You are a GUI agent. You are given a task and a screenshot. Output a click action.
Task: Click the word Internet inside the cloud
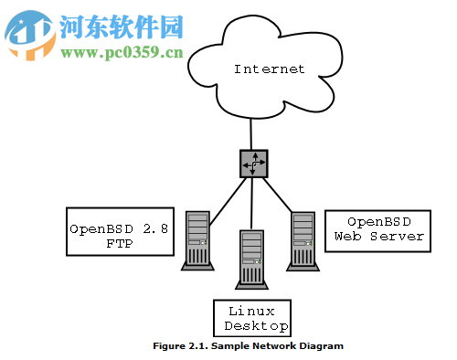(269, 69)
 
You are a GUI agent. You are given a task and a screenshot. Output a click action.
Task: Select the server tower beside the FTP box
(197, 240)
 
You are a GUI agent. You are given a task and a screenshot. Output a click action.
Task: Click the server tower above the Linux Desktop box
(251, 259)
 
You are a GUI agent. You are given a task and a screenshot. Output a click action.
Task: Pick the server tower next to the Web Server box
(303, 239)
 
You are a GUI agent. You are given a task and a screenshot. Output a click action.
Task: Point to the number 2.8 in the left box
(153, 228)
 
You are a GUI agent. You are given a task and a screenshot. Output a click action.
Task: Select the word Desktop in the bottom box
(256, 326)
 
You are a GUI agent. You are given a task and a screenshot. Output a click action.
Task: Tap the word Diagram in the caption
(322, 347)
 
